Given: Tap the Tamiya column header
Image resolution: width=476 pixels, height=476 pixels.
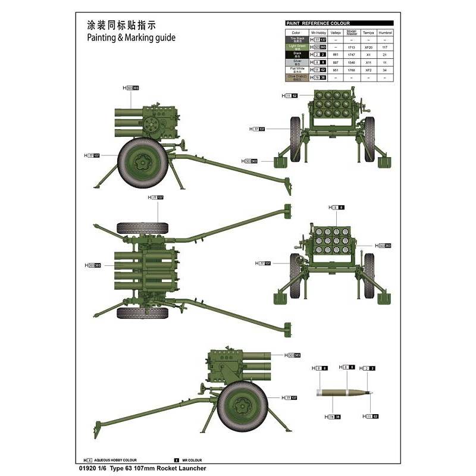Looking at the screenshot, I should pos(368,32).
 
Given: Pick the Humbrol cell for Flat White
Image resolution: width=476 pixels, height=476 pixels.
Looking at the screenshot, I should pos(385,70).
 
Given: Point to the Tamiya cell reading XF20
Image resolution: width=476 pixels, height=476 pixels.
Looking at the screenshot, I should pos(368,47).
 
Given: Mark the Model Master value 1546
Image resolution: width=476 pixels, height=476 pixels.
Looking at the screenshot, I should pos(351,62).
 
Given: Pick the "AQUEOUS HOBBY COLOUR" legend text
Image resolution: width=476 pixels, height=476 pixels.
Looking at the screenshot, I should pos(115,460).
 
